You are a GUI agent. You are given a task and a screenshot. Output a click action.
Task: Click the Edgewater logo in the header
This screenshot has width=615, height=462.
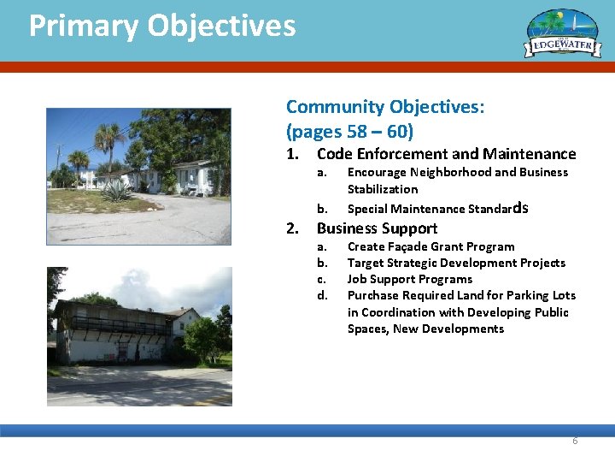point(563,35)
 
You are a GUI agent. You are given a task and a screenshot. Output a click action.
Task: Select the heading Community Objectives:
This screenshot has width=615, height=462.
point(385,107)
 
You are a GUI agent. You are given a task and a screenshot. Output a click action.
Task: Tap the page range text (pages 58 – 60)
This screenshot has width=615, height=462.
point(349,132)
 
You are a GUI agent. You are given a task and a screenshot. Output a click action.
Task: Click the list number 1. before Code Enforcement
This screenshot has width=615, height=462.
point(292,155)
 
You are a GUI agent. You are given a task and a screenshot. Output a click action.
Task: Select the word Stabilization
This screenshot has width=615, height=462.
point(382,189)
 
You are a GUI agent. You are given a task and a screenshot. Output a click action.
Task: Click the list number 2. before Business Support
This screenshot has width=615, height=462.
point(292,228)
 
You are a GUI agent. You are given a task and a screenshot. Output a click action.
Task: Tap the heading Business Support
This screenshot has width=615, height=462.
point(377,228)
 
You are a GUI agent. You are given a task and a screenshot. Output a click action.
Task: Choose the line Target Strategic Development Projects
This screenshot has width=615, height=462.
point(456,263)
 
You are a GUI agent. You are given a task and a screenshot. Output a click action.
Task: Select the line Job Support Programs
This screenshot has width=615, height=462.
point(409,279)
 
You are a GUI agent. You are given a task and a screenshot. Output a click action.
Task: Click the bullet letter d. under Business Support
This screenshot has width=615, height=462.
point(322,295)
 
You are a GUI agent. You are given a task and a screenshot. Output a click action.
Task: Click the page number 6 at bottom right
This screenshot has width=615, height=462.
point(575,441)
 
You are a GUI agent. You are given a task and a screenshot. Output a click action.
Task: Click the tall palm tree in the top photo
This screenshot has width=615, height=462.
point(108,141)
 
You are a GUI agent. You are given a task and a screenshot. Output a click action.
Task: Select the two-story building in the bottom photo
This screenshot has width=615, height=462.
point(115,329)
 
